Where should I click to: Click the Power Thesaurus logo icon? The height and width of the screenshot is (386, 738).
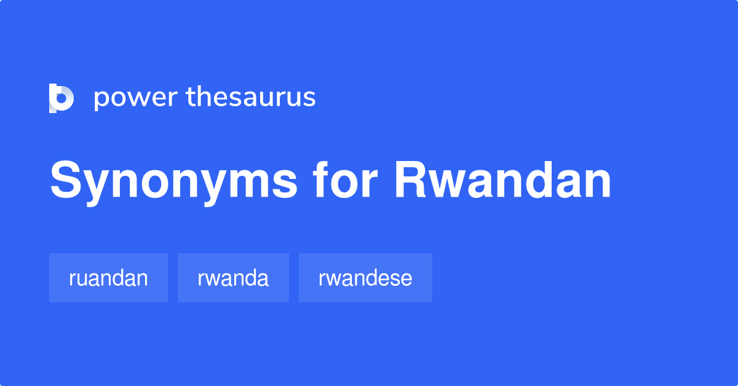point(61,98)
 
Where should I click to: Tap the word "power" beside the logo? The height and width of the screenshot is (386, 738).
point(136,98)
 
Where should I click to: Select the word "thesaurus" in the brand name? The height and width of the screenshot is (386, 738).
point(251,97)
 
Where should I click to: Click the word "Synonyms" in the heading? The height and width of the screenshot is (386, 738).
point(173,181)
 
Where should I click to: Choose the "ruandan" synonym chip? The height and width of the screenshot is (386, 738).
point(108,278)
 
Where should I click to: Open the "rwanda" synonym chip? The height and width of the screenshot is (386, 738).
point(233,278)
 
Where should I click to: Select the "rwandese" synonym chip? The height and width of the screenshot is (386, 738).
point(365,278)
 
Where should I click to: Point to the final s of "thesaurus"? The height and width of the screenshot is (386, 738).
point(309,98)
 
